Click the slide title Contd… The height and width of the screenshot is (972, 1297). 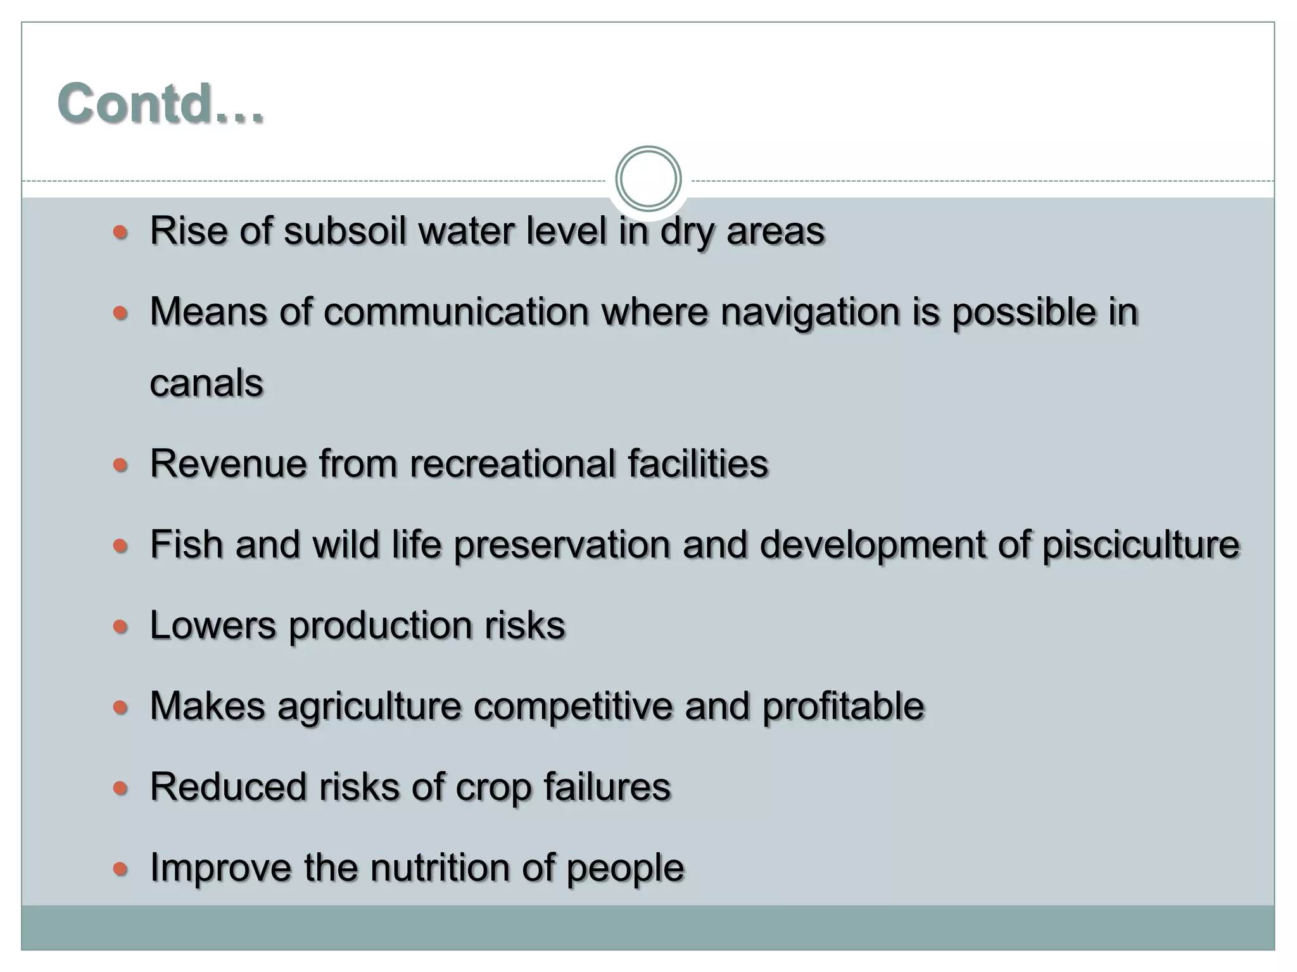[160, 103]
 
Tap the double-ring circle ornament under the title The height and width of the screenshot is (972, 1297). [648, 178]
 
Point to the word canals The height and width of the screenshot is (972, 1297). [206, 383]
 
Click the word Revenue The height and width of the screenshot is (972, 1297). [228, 464]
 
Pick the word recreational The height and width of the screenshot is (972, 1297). [512, 464]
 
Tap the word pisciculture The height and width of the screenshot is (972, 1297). [1141, 544]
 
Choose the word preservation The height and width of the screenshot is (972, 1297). [562, 544]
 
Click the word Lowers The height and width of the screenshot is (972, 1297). [213, 625]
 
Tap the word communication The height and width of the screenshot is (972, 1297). [457, 312]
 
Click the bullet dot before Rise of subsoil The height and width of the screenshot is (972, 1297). [120, 232]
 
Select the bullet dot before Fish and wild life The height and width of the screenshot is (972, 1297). [120, 545]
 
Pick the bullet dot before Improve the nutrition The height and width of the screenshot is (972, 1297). [120, 869]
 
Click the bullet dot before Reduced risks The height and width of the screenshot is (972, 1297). [120, 788]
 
